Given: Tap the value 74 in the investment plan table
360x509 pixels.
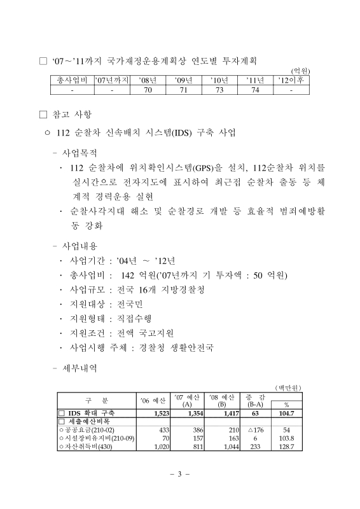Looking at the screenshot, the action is click(x=256, y=91).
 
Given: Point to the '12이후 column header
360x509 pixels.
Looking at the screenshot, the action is click(x=292, y=81).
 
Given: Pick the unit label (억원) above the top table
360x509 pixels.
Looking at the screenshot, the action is click(x=300, y=71).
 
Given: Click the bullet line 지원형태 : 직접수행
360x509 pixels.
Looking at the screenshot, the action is click(x=114, y=317).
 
